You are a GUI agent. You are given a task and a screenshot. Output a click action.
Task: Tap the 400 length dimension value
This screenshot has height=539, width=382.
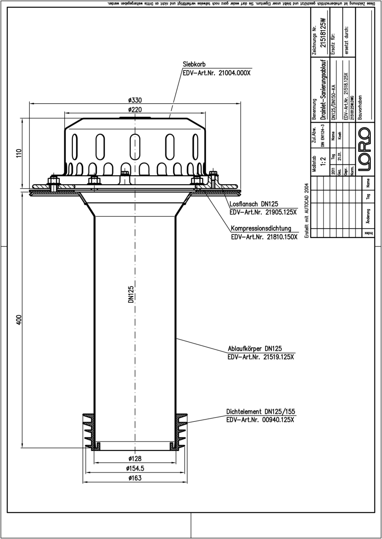click(x=18, y=320)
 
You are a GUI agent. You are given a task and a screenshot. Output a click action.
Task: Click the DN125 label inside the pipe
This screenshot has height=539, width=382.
click(x=131, y=295)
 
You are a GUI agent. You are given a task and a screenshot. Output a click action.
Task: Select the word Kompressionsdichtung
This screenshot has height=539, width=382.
click(x=263, y=228)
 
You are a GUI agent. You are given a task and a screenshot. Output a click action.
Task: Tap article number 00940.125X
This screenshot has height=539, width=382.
click(x=259, y=420)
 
